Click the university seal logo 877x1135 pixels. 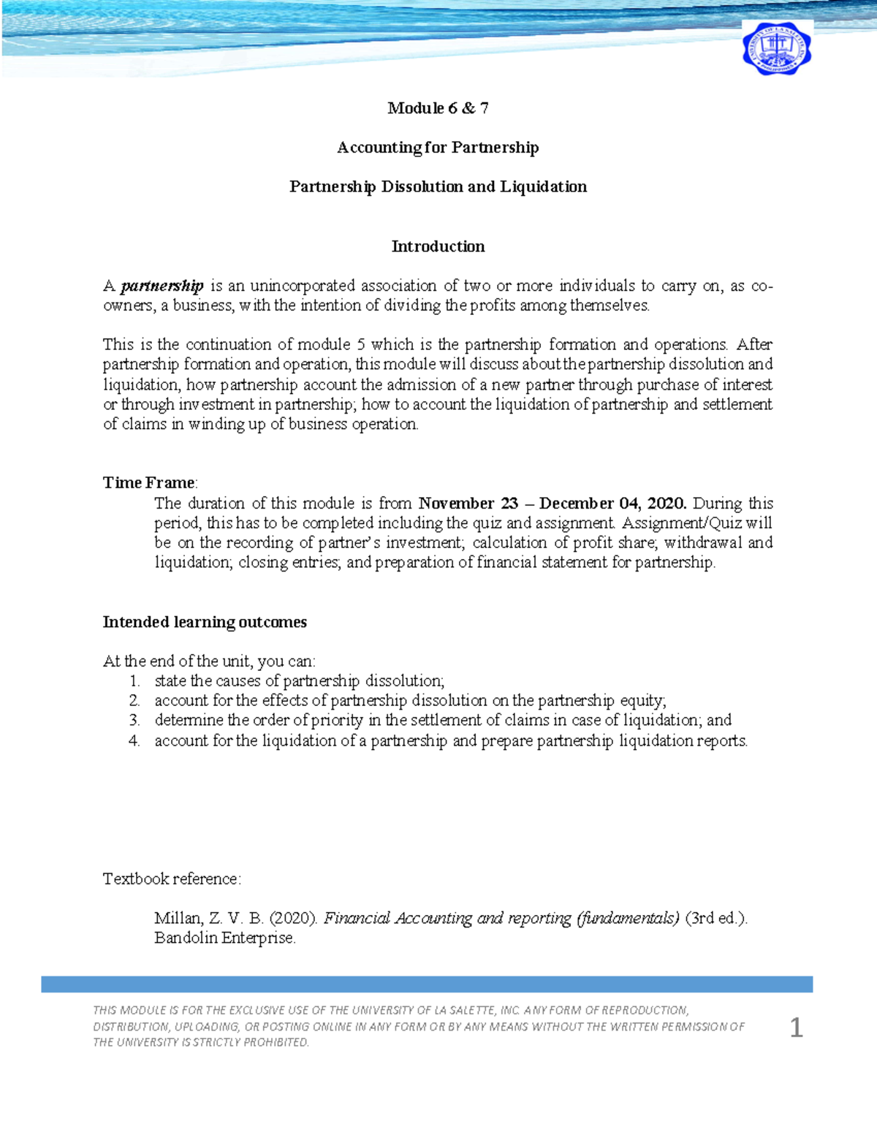pyautogui.click(x=776, y=48)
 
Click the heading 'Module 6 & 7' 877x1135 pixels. pyautogui.click(x=438, y=108)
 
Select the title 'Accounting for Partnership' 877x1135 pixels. pyautogui.click(x=438, y=148)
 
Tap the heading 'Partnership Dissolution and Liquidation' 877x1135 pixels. pyautogui.click(x=438, y=186)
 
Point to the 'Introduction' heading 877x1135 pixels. pyautogui.click(x=438, y=246)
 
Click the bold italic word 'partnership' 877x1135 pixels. pyautogui.click(x=162, y=286)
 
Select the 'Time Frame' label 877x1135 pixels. pyautogui.click(x=149, y=482)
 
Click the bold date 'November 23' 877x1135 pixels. pyautogui.click(x=468, y=503)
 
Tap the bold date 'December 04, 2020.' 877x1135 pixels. pyautogui.click(x=612, y=503)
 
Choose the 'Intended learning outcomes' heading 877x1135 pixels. pyautogui.click(x=205, y=622)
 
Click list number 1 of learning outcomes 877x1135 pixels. pyautogui.click(x=134, y=681)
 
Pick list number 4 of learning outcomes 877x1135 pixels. pyautogui.click(x=134, y=741)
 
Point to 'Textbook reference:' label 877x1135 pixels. pyautogui.click(x=172, y=878)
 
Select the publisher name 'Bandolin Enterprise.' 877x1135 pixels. pyautogui.click(x=224, y=938)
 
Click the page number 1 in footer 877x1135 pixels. pyautogui.click(x=796, y=1028)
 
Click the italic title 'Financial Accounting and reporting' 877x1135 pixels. pyautogui.click(x=447, y=918)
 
